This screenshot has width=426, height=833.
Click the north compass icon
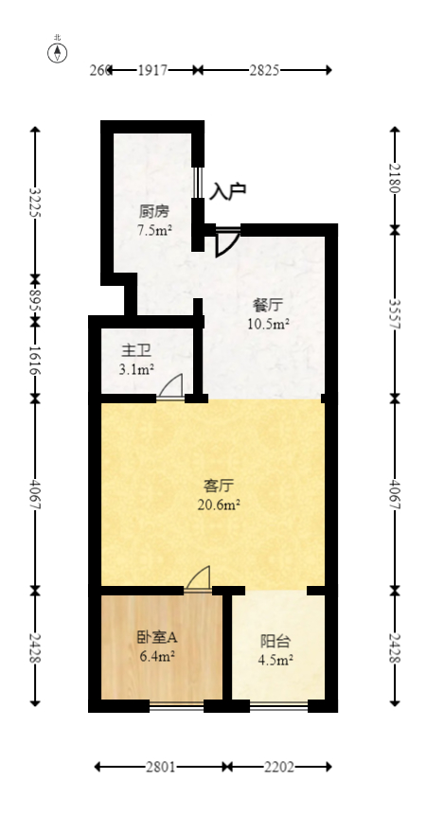point(58,51)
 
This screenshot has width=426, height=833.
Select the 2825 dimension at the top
point(266,70)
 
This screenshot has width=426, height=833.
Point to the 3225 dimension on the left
point(36,203)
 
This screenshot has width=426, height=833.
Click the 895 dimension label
point(36,300)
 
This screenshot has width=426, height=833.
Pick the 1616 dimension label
point(36,360)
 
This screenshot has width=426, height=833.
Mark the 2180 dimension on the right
point(395,177)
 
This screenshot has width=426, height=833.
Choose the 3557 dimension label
point(395,313)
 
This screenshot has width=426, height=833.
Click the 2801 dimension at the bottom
point(160,767)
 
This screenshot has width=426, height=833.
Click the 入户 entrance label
point(228,191)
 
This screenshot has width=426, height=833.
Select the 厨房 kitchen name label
point(153,210)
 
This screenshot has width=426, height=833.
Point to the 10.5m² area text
point(268,324)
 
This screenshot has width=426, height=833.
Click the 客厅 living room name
point(219,486)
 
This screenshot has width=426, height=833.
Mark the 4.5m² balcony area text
point(276,660)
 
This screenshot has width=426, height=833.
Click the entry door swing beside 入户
point(226,243)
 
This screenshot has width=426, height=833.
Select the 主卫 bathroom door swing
point(171,387)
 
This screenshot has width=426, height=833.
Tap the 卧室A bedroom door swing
point(199,578)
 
